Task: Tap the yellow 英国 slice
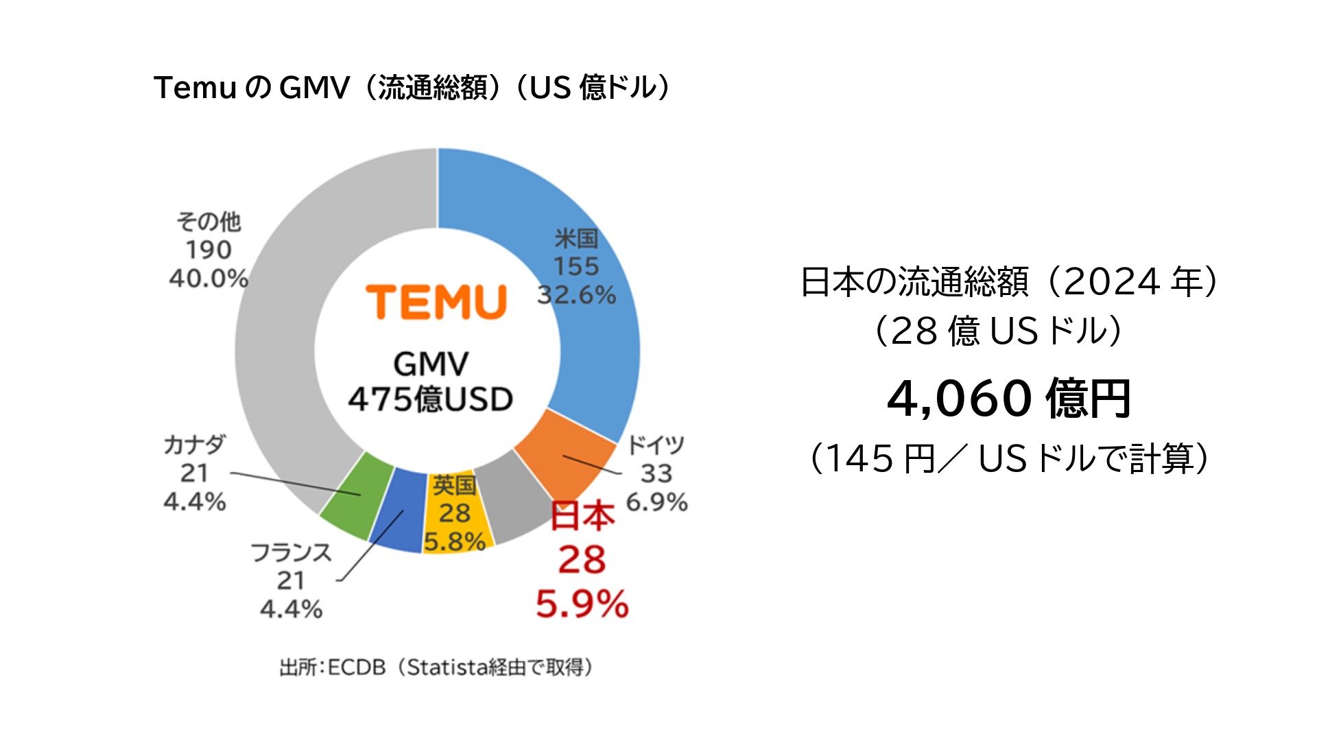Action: pos(456,515)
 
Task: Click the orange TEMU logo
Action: pos(436,302)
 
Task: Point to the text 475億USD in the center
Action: pos(431,399)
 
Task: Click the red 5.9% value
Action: pos(582,604)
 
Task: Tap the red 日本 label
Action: pos(582,516)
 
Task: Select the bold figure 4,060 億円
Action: pos(1008,398)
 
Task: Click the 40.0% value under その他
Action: pos(209,279)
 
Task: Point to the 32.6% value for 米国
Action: pos(576,295)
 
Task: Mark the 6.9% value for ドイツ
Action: pos(656,502)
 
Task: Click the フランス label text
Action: pos(291,552)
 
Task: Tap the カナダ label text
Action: pos(194,445)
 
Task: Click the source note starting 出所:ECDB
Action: pos(436,667)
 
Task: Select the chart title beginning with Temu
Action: pos(412,88)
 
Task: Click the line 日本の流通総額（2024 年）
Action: pos(1008,281)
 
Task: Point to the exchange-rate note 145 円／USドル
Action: pos(1008,458)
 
